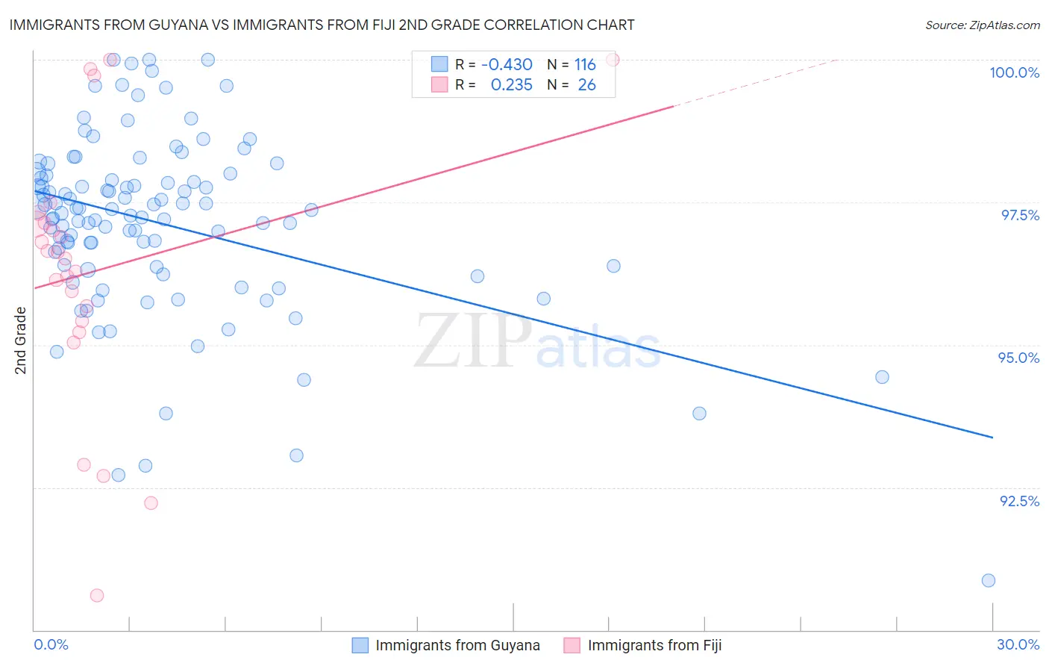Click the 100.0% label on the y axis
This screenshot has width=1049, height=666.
pos(1014,72)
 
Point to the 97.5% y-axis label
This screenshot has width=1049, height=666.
pos(1019,215)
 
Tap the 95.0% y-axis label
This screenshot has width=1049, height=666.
pos(1018,358)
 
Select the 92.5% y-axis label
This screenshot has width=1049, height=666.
pos(1019,501)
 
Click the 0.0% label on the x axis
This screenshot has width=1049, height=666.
pos(51,644)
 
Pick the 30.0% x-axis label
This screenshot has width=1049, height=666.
pos(1018,644)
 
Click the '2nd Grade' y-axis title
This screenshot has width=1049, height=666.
pos(21,340)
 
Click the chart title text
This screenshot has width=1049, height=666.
pos(322,25)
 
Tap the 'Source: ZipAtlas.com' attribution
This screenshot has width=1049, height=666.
pos(982,25)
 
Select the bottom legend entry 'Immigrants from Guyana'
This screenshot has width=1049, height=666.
pos(457,645)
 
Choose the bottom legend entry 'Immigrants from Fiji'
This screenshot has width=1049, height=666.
pos(654,645)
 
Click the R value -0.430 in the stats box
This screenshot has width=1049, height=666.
pos(507,65)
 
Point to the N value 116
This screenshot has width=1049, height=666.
pos(585,65)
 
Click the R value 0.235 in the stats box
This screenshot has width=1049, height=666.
pos(511,85)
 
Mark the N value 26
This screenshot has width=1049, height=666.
pos(586,85)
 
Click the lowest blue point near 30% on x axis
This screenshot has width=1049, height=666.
pos(989,580)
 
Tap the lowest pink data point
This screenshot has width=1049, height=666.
pos(97,595)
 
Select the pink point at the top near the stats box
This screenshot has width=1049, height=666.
pos(613,59)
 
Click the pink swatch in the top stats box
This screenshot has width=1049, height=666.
pos(439,84)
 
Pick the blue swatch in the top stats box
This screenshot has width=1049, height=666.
pos(439,64)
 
